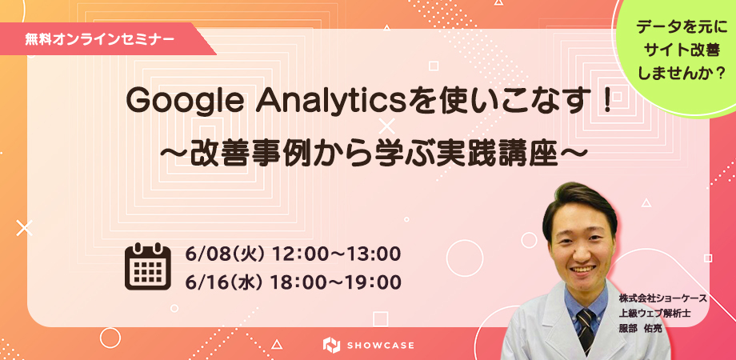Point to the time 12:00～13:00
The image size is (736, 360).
click(336, 254)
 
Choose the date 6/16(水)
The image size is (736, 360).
click(224, 282)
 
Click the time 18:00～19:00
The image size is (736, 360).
click(336, 282)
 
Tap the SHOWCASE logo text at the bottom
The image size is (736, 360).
click(382, 346)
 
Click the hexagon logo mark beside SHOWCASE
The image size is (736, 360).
click(331, 345)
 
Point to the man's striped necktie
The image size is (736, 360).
click(586, 330)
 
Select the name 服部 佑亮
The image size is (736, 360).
click(640, 328)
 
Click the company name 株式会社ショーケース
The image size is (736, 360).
click(662, 298)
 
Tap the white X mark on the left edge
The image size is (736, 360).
click(24, 228)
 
